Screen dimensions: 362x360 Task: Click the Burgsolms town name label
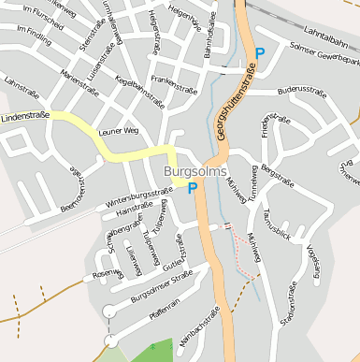(194, 172)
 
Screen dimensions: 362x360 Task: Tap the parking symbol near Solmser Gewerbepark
(261, 54)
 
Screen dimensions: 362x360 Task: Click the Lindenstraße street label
(26, 116)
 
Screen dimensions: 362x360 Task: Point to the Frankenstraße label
(175, 81)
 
